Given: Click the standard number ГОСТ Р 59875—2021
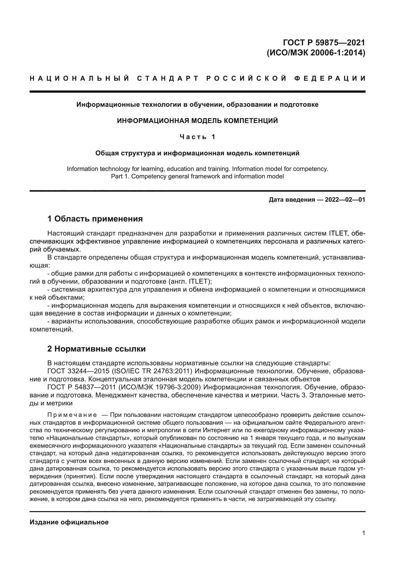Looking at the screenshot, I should point(324,42).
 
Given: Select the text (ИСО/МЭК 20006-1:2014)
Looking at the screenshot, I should point(316,53).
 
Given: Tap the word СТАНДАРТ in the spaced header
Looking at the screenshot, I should point(168,78).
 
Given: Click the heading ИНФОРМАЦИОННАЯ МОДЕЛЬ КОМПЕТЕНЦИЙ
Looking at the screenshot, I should point(197,121).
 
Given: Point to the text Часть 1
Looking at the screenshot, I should point(197,137).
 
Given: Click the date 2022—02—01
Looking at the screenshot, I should point(345,200).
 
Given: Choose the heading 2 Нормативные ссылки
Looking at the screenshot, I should point(96,349).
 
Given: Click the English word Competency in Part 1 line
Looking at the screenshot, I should point(152,176).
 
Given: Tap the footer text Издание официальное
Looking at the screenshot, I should point(69,522).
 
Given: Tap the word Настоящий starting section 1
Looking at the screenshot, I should point(65,233).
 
